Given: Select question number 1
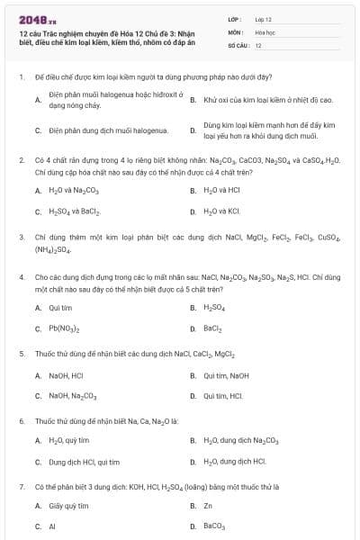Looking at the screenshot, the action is click(21, 77).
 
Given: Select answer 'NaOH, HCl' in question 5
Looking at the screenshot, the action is click(66, 374).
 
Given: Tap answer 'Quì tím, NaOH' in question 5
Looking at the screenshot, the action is click(227, 374).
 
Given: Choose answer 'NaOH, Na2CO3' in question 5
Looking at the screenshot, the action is click(72, 395).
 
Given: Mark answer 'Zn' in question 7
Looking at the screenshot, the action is click(208, 506).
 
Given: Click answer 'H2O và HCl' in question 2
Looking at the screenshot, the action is click(221, 191).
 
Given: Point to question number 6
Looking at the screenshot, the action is click(21, 421).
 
